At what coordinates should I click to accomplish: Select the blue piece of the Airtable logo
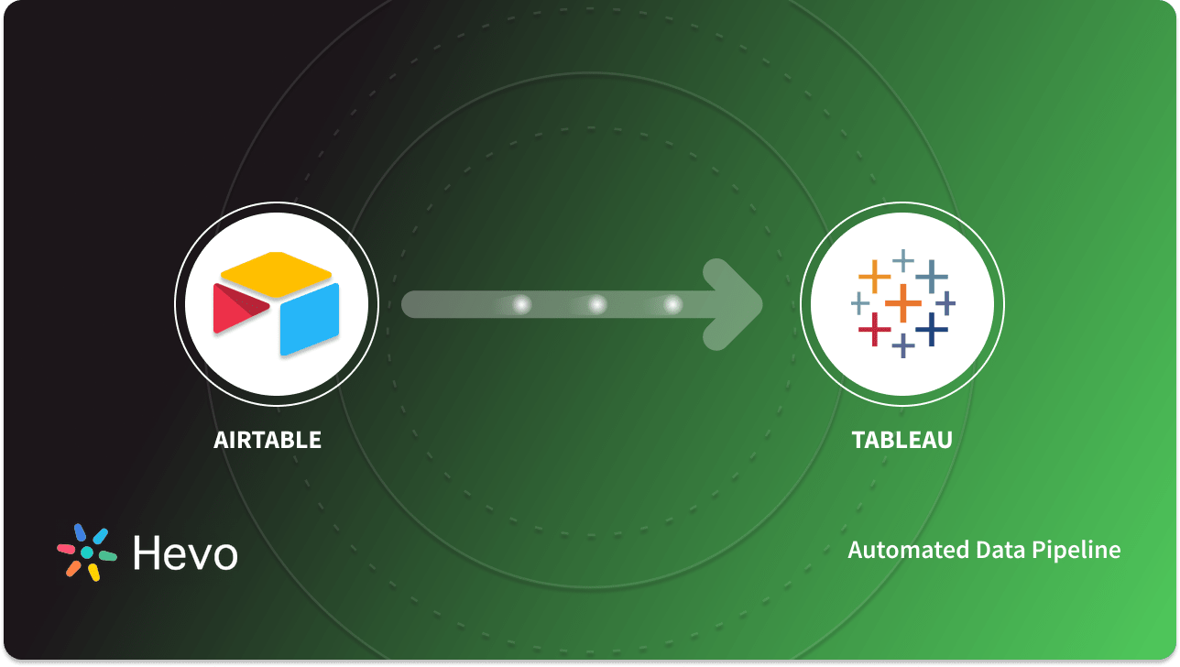pos(310,320)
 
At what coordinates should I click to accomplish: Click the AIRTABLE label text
pos(268,440)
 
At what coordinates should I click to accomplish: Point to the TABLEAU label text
pos(902,440)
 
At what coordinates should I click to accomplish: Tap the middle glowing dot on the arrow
pos(596,304)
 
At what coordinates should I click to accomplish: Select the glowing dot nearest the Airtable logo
pos(521,304)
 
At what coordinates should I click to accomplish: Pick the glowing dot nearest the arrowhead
pos(672,304)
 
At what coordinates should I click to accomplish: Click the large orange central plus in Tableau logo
pos(902,303)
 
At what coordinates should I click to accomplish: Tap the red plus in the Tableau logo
pos(875,329)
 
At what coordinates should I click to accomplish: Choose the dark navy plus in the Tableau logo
pos(932,329)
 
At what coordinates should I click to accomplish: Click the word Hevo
pos(185,552)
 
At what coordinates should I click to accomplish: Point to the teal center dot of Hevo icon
pos(87,552)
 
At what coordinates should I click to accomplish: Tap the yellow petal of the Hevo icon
pos(93,572)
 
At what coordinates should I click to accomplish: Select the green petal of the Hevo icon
pos(107,556)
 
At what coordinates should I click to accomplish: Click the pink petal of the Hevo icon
pos(67,549)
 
